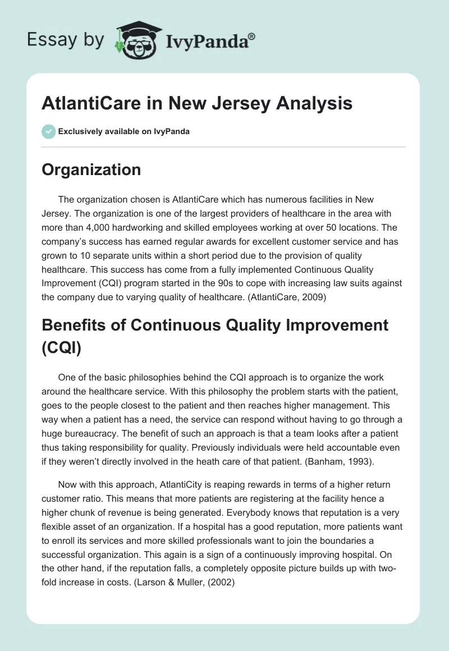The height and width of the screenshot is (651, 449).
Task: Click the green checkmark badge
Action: coord(48,131)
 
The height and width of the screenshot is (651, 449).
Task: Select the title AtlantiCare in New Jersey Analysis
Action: coord(197,104)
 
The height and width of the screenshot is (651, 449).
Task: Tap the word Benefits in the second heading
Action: coord(76,325)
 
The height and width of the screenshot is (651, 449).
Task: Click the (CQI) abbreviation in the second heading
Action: coord(62,347)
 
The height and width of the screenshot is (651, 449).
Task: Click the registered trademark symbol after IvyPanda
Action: coord(252,36)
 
